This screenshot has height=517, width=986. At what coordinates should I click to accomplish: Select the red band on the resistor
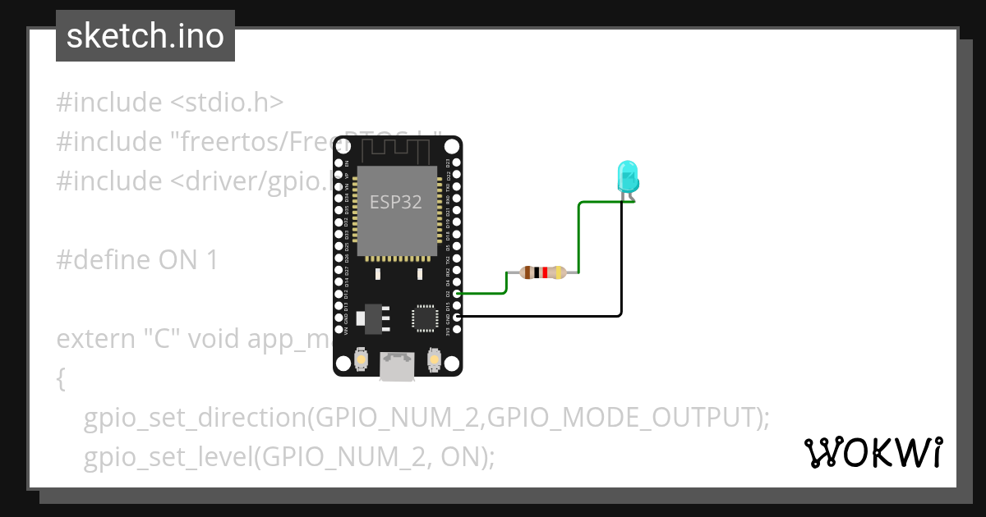[545, 272]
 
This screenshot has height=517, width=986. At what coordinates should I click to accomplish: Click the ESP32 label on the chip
[396, 202]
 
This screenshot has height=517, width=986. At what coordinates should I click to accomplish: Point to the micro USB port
[397, 367]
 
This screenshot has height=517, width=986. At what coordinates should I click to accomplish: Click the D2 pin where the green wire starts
[457, 293]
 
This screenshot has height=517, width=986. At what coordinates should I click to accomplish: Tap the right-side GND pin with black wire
[457, 316]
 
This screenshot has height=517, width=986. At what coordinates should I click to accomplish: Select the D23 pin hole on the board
[457, 162]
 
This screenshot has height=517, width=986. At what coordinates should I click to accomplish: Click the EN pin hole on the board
[338, 162]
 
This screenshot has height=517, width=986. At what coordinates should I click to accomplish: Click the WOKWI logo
[873, 452]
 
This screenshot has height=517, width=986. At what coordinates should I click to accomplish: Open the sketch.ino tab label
[145, 36]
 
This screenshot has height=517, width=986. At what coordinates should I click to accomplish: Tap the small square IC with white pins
[424, 318]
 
